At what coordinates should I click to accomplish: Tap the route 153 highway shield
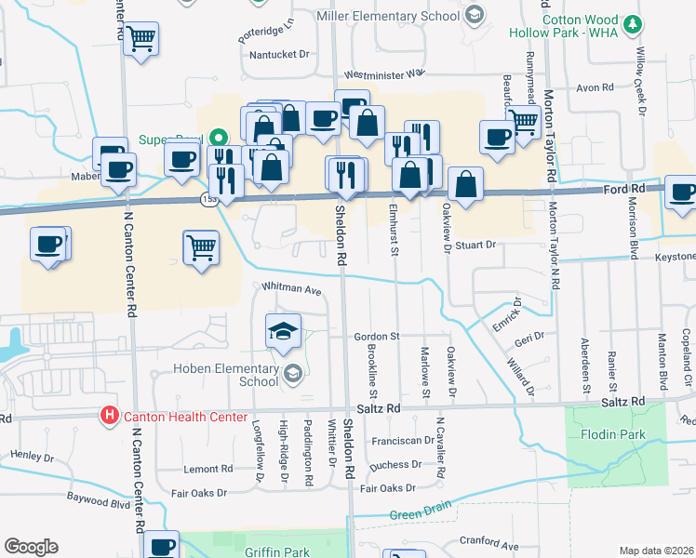click(x=208, y=198)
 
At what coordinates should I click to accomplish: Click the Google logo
click(x=31, y=547)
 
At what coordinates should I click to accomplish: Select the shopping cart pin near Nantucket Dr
click(x=141, y=40)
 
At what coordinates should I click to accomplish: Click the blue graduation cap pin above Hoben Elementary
click(x=283, y=330)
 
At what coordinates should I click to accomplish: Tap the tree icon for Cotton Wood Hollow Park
click(x=633, y=23)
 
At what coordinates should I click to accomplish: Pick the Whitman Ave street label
click(x=291, y=288)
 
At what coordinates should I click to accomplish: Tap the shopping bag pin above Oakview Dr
click(x=465, y=183)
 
